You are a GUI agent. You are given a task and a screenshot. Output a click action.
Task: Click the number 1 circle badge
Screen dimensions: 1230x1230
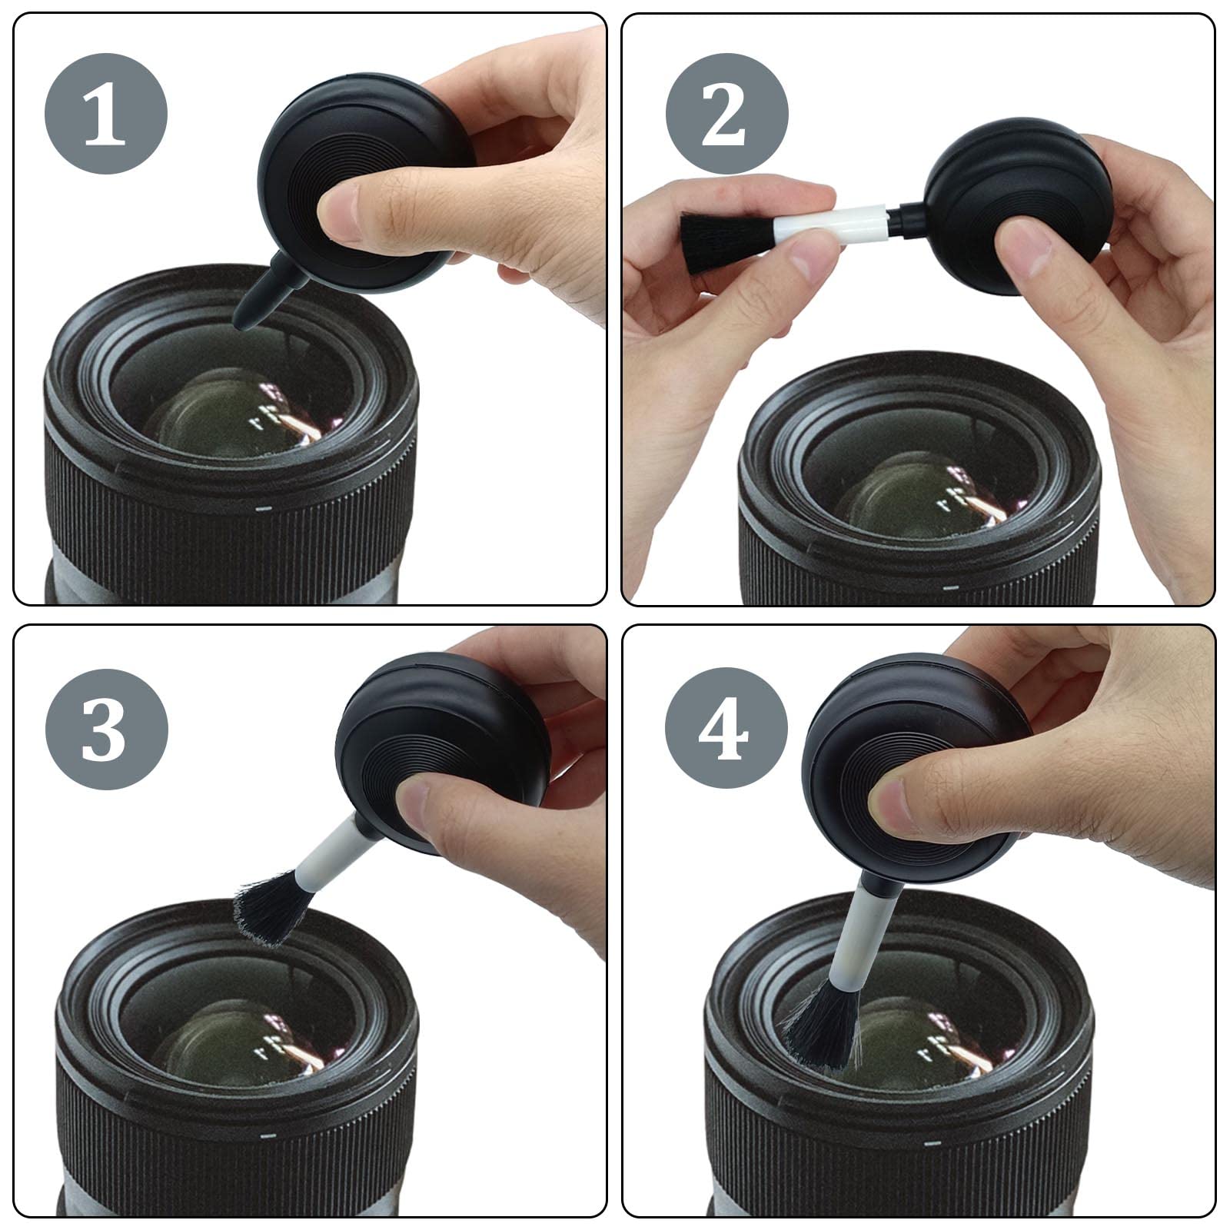pyautogui.click(x=106, y=114)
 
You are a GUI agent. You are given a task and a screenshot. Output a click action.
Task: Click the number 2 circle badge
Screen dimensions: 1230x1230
pyautogui.click(x=726, y=114)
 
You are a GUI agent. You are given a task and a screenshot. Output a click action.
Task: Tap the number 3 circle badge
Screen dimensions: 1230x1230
pyautogui.click(x=106, y=729)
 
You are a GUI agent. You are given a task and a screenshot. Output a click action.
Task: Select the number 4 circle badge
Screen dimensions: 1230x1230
pyautogui.click(x=726, y=729)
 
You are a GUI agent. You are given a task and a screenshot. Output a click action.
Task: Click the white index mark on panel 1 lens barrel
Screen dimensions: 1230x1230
pyautogui.click(x=264, y=508)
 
